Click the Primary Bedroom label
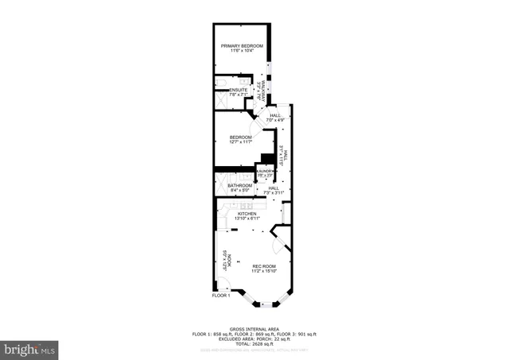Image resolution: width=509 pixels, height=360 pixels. pos(242,46)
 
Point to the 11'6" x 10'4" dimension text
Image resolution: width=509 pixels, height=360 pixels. pos(242,52)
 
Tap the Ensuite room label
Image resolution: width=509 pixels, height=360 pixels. pos(239,90)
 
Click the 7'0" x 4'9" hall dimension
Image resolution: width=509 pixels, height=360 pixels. pos(276,120)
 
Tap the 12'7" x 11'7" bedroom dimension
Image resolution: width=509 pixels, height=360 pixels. pos(240,142)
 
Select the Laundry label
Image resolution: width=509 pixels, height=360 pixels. pos(265,171)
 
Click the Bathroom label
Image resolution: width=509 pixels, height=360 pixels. pos(239,186)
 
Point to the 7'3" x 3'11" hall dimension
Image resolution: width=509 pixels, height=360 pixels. pos(273,192)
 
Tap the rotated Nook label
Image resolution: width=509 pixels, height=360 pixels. pos(226,260)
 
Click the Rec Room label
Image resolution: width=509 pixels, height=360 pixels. pos(264,266)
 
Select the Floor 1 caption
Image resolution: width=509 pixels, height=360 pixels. pos(220,296)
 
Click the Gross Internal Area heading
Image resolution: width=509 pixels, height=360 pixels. pos(254,328)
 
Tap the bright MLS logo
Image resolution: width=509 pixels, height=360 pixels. pos(29,349)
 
